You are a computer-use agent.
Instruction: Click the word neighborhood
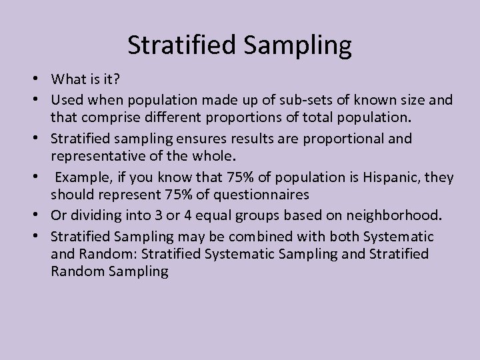395,216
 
